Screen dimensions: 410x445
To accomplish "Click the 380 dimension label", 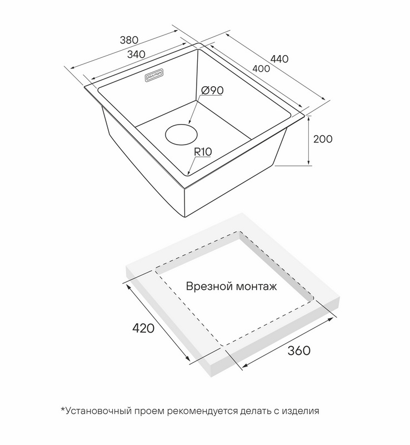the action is (x=129, y=40).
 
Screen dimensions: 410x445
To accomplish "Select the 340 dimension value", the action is (x=136, y=54).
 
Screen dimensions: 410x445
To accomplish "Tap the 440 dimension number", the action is (x=279, y=59).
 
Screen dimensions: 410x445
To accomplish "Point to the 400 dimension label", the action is (x=261, y=68).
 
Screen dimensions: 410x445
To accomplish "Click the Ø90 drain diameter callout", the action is (x=212, y=90).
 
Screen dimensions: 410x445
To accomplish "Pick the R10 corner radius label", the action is (x=203, y=152).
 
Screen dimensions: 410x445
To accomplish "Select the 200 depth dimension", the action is (x=323, y=139).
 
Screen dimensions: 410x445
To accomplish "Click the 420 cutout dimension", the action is (x=143, y=328).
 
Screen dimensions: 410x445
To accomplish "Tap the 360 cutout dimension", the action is (x=299, y=351).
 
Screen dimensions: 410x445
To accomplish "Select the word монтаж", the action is (x=256, y=287).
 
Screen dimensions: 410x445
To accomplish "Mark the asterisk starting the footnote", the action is (x=63, y=409).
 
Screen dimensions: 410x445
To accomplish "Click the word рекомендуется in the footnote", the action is (x=202, y=412).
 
